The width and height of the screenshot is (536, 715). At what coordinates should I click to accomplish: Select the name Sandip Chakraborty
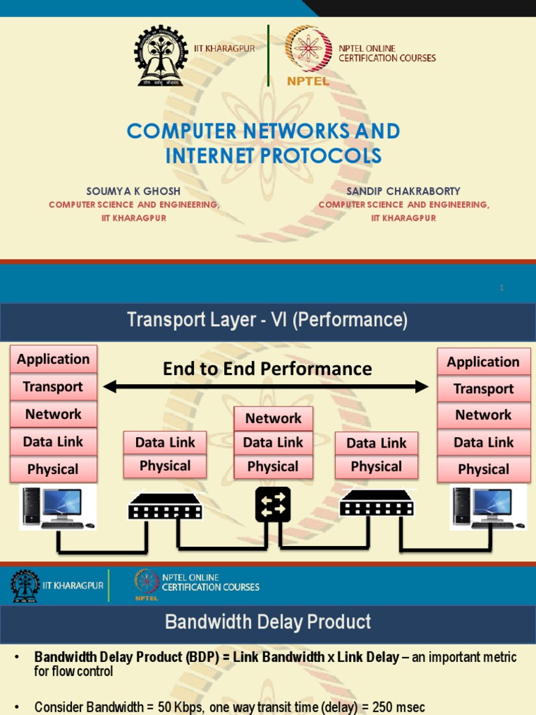click(403, 191)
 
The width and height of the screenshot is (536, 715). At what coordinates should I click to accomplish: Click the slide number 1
click(501, 288)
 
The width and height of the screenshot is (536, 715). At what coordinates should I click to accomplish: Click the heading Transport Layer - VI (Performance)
click(267, 320)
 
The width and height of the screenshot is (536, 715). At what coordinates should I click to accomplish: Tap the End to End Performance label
click(267, 369)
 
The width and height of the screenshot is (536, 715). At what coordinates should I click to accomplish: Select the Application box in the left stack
click(54, 359)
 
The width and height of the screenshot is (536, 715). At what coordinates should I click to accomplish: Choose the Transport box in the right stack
click(483, 389)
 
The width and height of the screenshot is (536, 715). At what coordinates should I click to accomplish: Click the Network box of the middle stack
click(273, 418)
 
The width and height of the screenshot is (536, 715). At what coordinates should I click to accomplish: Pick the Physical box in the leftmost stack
click(53, 469)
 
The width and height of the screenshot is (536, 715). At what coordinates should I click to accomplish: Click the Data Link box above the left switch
click(165, 442)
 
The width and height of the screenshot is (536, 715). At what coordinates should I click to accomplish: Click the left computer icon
click(56, 507)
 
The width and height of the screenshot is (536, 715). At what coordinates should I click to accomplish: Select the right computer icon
click(486, 507)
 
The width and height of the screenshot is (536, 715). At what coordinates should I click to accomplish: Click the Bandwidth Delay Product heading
click(267, 621)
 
